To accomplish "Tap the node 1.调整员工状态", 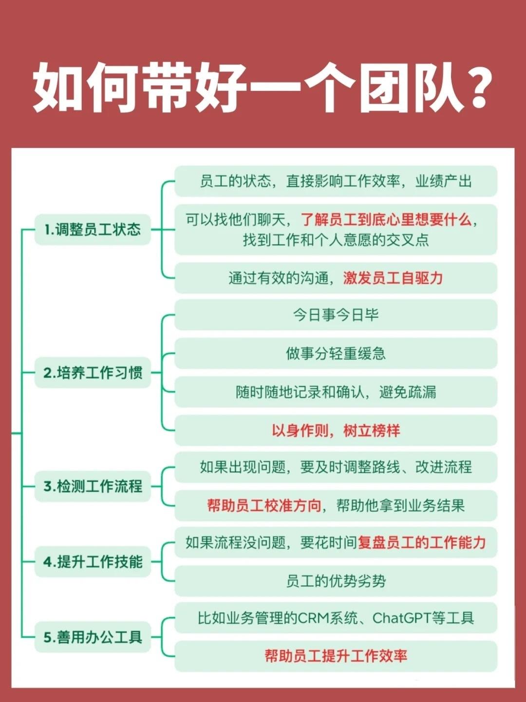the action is pos(93,229).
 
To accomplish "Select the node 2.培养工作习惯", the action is pos(93,373).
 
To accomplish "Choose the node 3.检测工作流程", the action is pos(93,486).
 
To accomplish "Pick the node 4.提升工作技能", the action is pos(93,562).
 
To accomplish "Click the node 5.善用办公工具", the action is pos(93,637).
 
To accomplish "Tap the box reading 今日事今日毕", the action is pos(336,315).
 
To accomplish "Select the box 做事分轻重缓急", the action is pos(336,353).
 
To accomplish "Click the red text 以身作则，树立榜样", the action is pos(336,431).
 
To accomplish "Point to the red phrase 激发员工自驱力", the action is pos(393,278).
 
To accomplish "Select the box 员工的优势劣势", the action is pos(336,581).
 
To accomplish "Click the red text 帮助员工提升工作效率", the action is pos(336,656).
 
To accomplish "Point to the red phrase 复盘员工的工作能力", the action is pos(422,542).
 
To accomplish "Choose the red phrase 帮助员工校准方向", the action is pos(264,505).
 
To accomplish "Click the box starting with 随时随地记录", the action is pos(336,392).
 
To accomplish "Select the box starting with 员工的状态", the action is pos(336,181).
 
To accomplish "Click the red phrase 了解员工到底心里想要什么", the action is pos(386,220).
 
